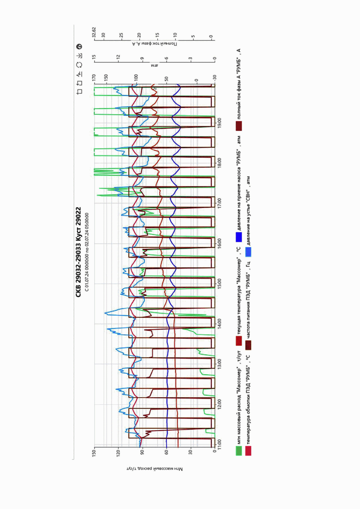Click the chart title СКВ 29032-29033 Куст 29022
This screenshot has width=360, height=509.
pyautogui.click(x=78, y=252)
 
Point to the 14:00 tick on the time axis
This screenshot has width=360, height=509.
pyautogui.click(x=219, y=323)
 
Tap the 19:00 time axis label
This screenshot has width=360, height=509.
pyautogui.click(x=219, y=123)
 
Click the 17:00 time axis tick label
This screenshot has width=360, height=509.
pyautogui.click(x=219, y=203)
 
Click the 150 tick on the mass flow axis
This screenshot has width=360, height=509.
pyautogui.click(x=95, y=451)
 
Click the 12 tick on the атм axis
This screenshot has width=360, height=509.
pyautogui.click(x=118, y=56)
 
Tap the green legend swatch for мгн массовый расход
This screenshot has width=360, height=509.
pyautogui.click(x=239, y=450)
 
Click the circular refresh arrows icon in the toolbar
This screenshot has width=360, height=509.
pyautogui.click(x=79, y=65)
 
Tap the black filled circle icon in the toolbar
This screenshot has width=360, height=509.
pyautogui.click(x=79, y=47)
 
